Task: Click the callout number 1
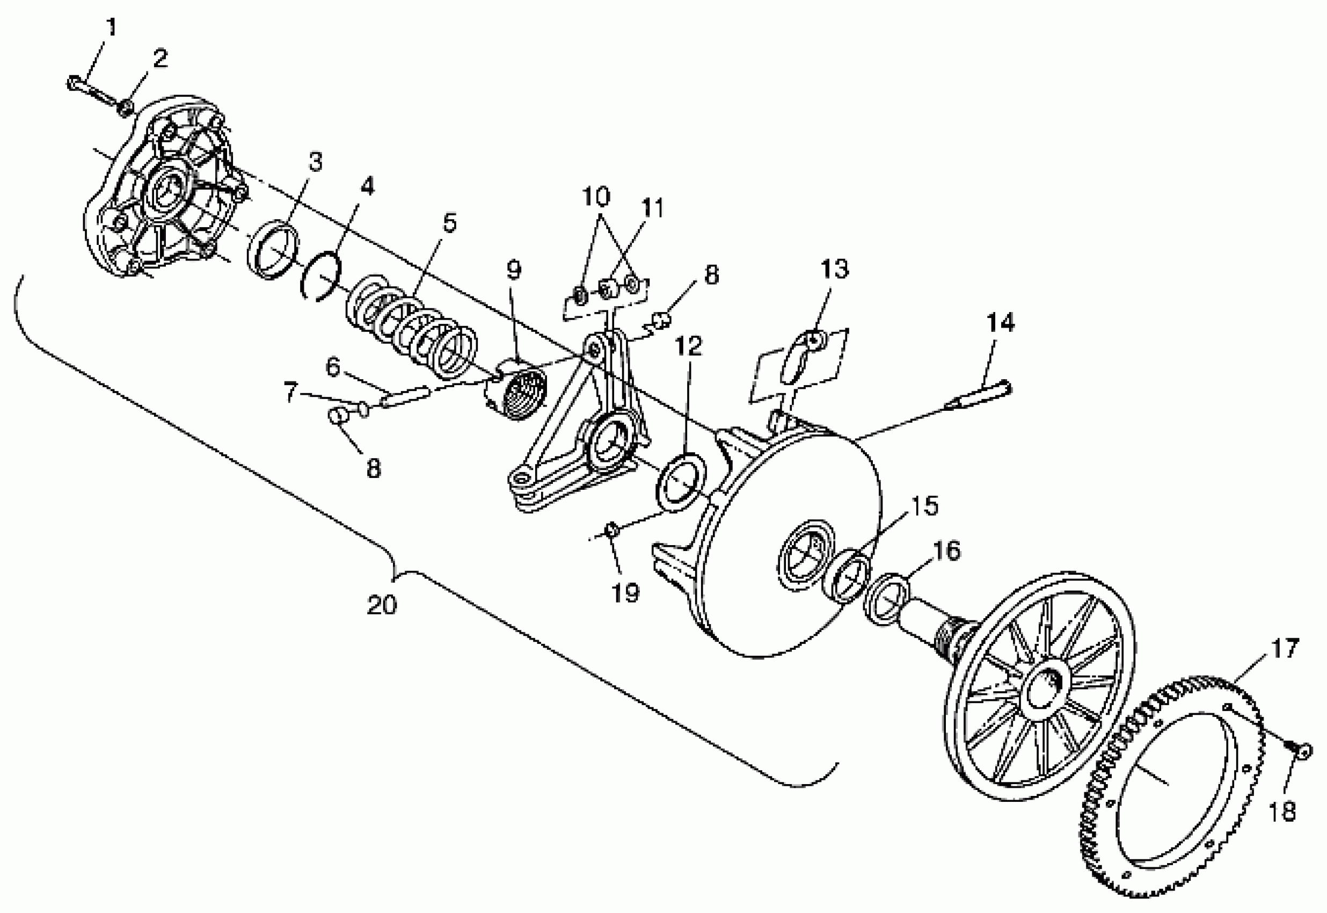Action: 112,26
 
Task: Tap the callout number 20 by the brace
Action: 381,605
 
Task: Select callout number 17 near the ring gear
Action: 1285,648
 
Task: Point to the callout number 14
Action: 1000,323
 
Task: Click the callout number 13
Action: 835,269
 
